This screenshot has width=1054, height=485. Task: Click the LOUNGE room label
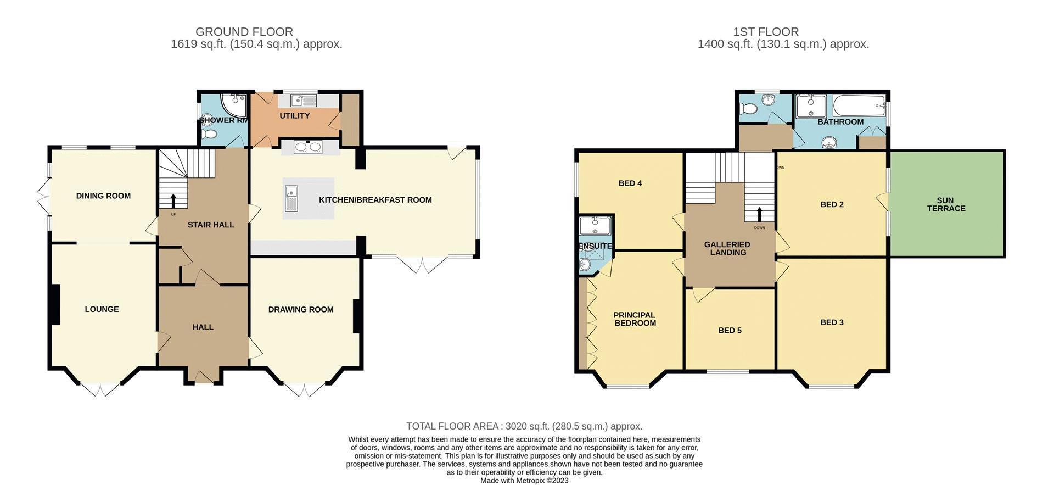(x=102, y=309)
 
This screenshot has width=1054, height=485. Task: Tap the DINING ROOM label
(x=103, y=196)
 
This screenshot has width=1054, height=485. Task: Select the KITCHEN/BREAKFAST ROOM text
(x=375, y=200)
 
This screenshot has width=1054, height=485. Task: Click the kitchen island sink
(x=291, y=198)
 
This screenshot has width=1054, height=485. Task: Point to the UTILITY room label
(x=294, y=116)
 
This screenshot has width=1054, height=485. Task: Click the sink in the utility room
(x=303, y=101)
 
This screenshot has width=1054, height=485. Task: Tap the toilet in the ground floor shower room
(x=208, y=134)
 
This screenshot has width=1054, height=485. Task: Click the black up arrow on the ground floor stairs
(x=173, y=200)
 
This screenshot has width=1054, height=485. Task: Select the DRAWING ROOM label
(x=301, y=310)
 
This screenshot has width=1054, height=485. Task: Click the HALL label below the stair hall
(x=203, y=327)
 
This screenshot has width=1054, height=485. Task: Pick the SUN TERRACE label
(x=946, y=204)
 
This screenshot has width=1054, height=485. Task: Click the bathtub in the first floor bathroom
(x=859, y=105)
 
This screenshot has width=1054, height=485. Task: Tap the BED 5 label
(x=730, y=331)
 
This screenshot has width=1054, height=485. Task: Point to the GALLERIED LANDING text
(x=727, y=249)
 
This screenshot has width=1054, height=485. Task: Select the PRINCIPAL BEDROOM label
(x=635, y=319)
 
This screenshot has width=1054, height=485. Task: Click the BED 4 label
(x=630, y=183)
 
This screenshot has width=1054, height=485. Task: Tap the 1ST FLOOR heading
(x=765, y=32)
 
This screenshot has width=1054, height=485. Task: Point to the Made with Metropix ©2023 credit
(x=524, y=481)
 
